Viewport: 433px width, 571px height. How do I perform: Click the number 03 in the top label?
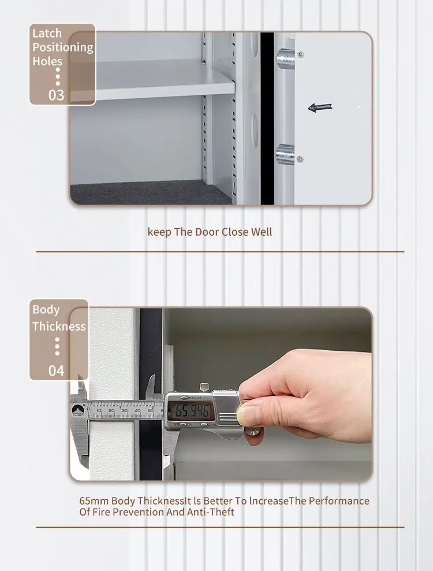coord(57,95)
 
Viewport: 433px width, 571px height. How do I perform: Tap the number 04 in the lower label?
coord(57,370)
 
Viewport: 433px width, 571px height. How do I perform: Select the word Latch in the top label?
coord(47,33)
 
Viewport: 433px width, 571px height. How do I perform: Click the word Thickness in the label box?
coord(59,327)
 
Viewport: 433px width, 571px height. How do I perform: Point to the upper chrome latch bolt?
coord(285,57)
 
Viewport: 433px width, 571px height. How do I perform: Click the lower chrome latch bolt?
coord(285,154)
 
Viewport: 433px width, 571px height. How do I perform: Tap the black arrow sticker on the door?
coord(320,107)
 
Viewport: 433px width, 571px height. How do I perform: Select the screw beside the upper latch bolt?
coord(300,55)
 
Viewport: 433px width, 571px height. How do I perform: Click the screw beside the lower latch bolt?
coord(300,159)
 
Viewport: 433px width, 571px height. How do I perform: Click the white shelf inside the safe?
coord(156,81)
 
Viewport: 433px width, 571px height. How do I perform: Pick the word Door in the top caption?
coord(207,232)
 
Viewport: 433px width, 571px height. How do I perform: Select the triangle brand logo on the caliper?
coord(77,410)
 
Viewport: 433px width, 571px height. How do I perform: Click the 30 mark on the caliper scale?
coord(125,410)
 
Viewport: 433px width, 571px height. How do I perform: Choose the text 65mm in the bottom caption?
coord(94,501)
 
